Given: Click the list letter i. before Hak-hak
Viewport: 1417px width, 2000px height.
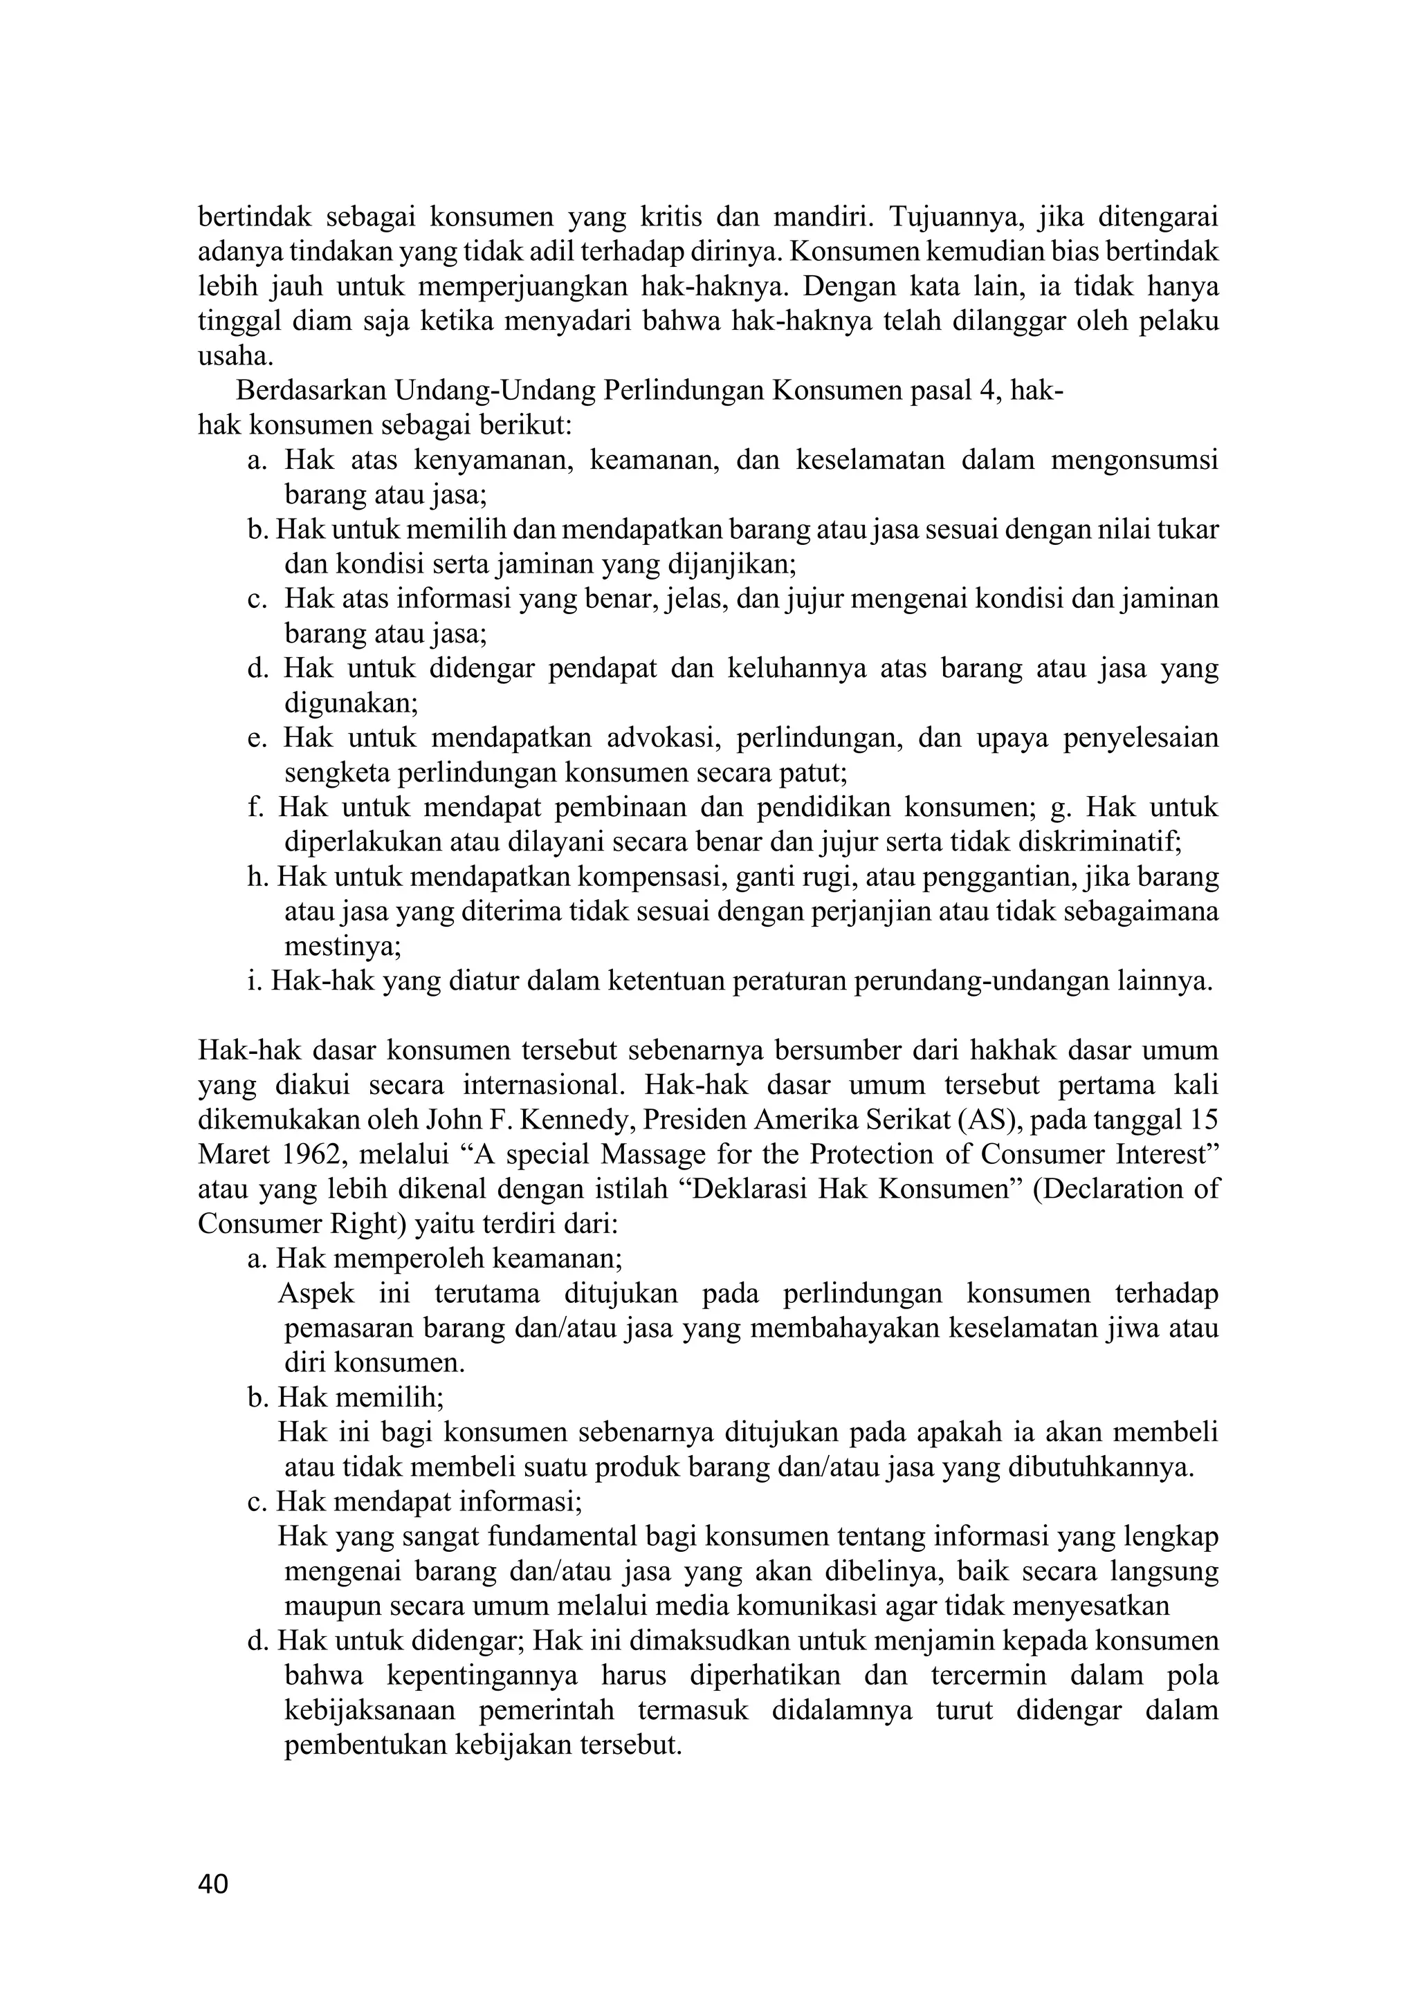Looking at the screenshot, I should tap(255, 982).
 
